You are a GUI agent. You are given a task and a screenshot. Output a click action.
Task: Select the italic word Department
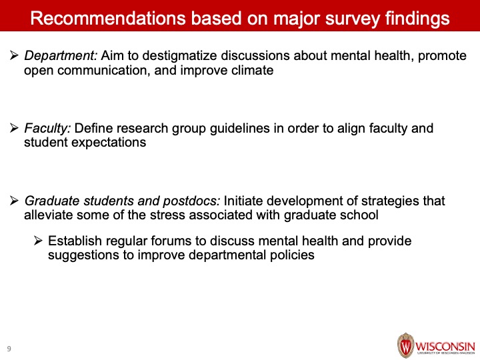coord(61,56)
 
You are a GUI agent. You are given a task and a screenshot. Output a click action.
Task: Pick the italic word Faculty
coord(47,129)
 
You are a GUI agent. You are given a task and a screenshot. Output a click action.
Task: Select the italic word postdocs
coord(191,201)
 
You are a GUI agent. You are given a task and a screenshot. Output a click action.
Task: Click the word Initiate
coord(243,201)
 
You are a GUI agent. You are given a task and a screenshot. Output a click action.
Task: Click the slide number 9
coord(9,349)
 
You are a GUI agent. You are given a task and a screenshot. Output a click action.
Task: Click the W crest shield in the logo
coord(405,345)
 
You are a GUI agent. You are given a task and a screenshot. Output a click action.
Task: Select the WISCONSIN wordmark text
coord(445,347)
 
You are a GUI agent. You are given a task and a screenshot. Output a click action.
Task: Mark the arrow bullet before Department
coord(14,55)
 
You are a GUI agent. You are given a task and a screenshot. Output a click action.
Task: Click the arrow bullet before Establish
coord(38,241)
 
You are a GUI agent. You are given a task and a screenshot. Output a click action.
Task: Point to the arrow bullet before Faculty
coord(14,128)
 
